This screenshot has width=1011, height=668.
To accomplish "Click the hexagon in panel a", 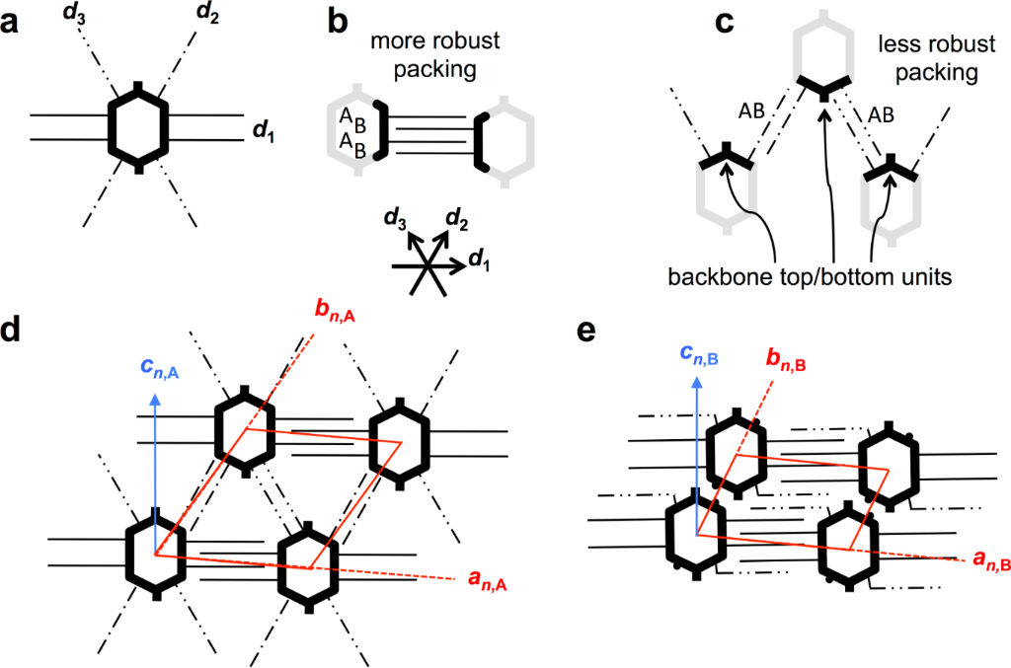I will coord(139,127).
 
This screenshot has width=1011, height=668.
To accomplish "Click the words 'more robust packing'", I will coord(427,56).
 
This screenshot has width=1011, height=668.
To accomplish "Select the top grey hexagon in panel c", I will coord(823,49).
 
